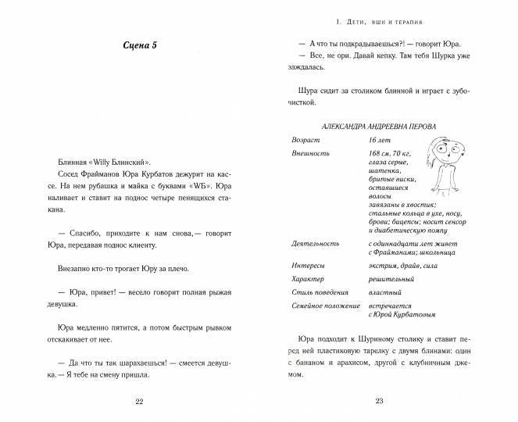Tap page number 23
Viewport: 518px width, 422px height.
[x=378, y=402]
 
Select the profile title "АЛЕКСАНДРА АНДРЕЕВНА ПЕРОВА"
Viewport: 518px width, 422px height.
[x=379, y=127]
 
